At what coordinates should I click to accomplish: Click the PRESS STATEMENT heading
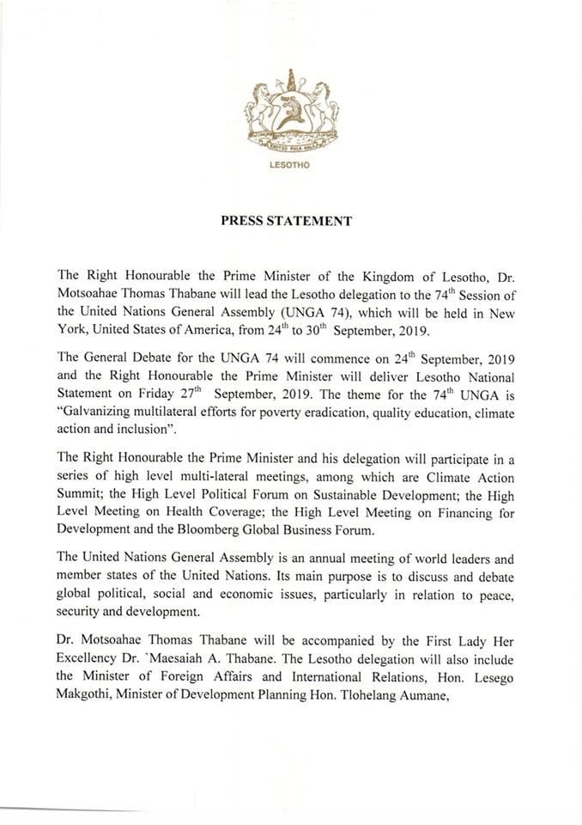287,220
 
